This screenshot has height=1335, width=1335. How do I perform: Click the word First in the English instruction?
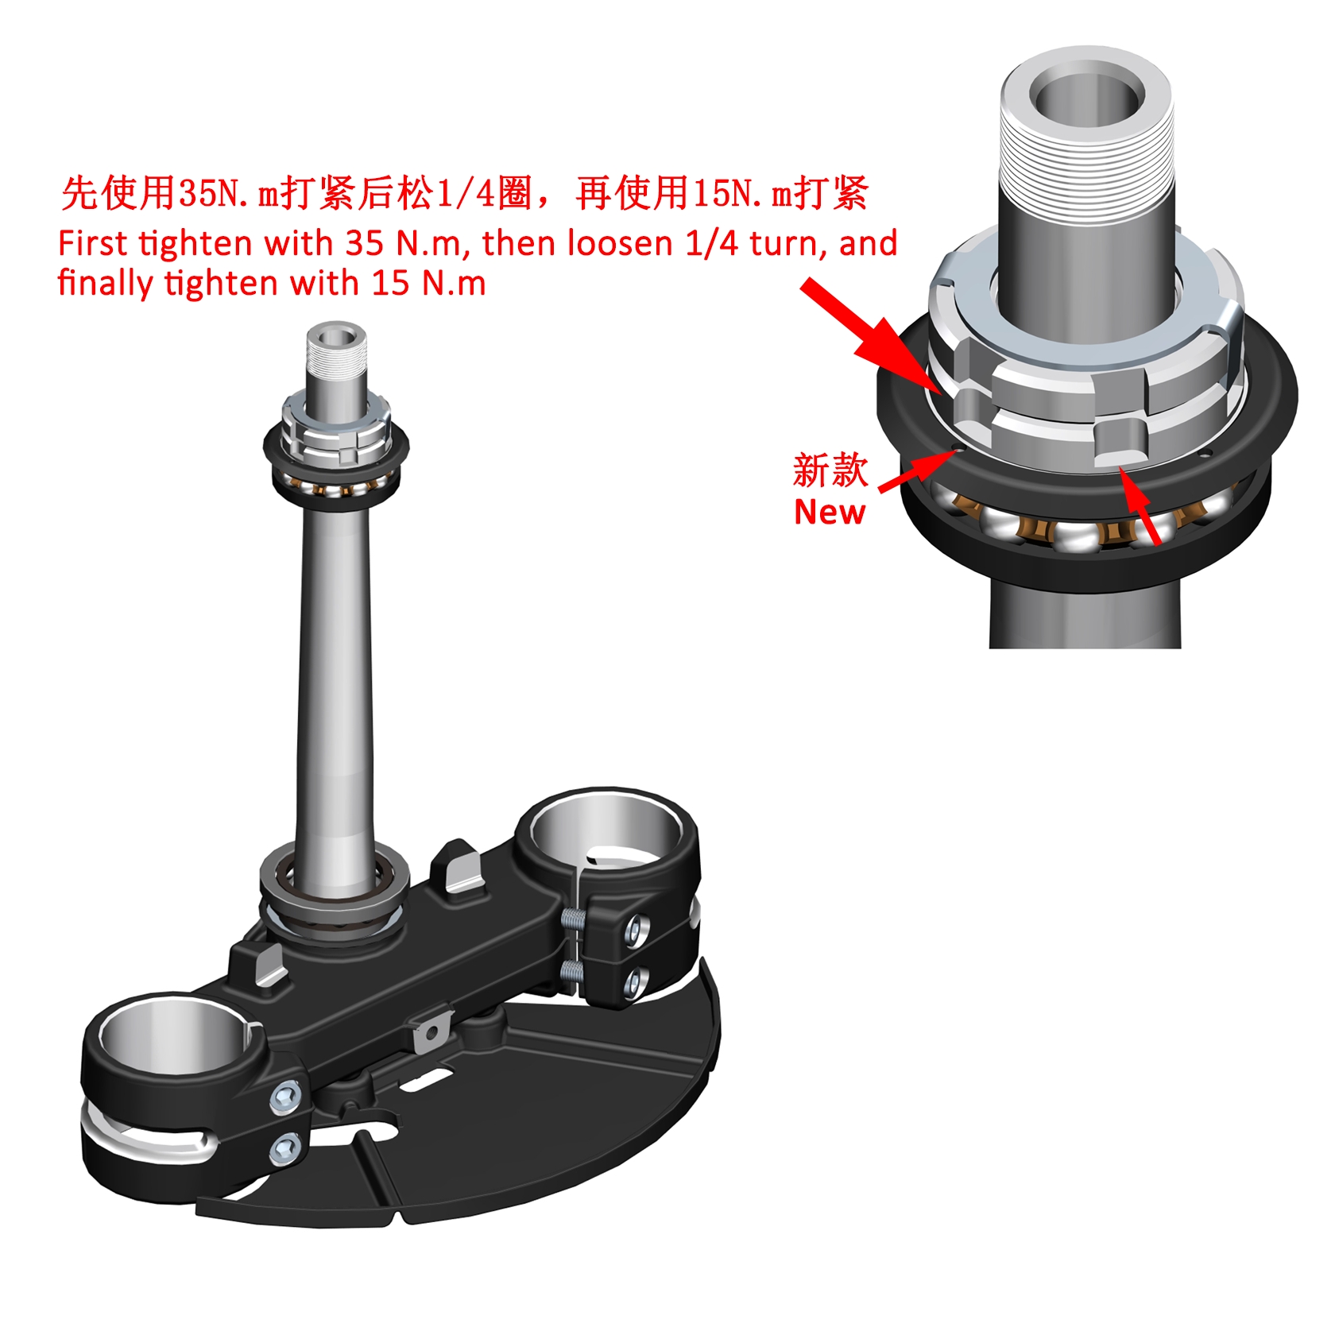(x=92, y=243)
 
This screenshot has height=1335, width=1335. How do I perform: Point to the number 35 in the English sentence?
(x=365, y=243)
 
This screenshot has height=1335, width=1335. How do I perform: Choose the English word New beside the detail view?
(x=829, y=513)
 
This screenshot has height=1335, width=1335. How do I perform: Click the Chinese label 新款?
(x=830, y=470)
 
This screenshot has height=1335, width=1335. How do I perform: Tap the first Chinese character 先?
(x=80, y=192)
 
